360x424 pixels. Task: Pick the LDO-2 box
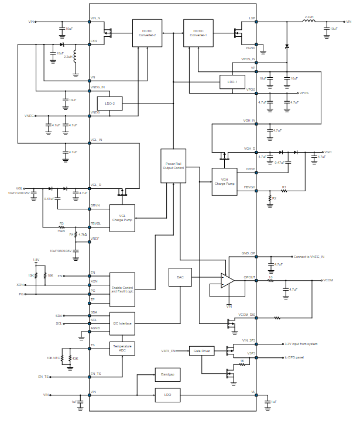109,104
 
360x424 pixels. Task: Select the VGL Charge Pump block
122,218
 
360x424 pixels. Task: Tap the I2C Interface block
122,323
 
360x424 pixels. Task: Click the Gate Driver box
201,351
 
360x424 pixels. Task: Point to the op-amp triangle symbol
227,281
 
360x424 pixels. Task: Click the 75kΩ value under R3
61,230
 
